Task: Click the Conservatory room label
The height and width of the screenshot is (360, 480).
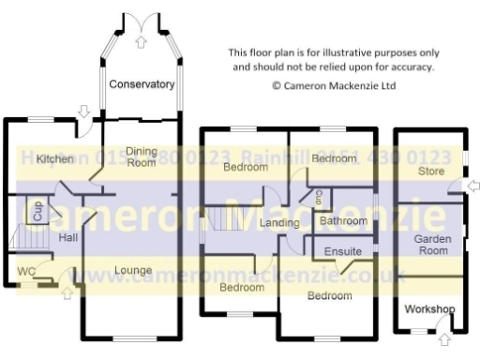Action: (142, 84)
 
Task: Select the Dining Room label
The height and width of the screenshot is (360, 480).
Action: (142, 157)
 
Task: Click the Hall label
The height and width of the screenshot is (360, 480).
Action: (67, 238)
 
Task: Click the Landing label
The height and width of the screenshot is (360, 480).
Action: (279, 223)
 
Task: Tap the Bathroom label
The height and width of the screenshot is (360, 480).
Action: (342, 221)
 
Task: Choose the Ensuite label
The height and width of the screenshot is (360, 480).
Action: (343, 252)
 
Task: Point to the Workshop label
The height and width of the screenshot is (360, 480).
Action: (429, 308)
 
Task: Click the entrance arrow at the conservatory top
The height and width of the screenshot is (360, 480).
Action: (142, 40)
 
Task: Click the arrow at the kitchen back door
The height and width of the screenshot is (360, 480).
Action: (84, 112)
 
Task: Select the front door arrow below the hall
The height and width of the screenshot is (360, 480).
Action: (66, 292)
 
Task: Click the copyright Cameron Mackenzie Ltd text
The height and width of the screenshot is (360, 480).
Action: (334, 84)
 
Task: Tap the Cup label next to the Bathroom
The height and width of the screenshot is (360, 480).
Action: (319, 198)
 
